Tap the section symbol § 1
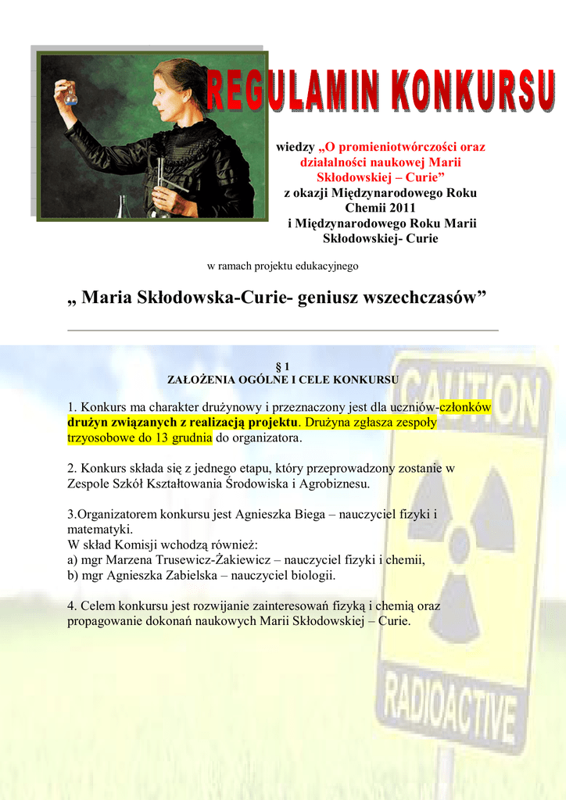tap(283, 366)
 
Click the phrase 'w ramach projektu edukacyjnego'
tap(282, 266)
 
